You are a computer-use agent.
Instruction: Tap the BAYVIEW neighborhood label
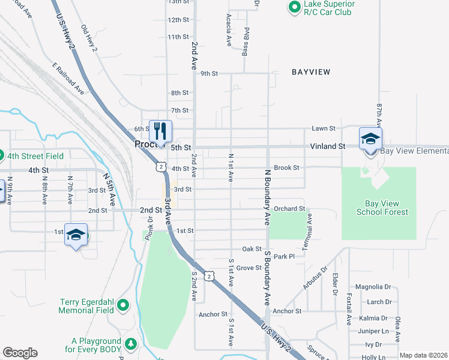point(311,72)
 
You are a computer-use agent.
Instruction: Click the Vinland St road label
point(327,146)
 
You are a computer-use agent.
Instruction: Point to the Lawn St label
point(323,128)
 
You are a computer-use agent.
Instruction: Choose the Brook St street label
point(286,168)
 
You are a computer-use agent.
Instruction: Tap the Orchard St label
point(289,209)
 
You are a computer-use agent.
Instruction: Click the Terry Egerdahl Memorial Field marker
point(124,305)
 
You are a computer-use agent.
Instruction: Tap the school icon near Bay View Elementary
point(370,139)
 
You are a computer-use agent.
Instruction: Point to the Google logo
point(20,353)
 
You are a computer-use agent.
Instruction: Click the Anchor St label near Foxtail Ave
point(286,311)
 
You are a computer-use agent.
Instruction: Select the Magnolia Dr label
point(373,287)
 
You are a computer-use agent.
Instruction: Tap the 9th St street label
point(209,73)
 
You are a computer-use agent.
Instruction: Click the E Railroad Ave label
point(68,79)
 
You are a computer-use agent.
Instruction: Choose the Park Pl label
point(284,257)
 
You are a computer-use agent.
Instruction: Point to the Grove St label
point(249,268)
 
